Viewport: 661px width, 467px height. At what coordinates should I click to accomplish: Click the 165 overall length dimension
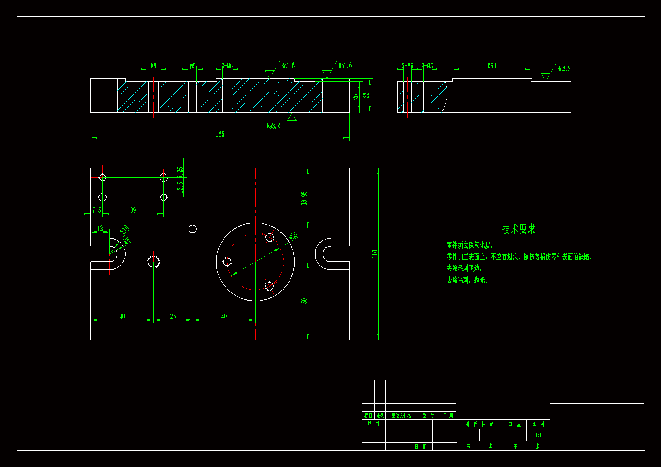point(220,134)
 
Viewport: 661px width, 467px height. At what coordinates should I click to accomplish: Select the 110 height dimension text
point(375,254)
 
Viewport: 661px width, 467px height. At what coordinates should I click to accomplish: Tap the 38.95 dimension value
point(304,198)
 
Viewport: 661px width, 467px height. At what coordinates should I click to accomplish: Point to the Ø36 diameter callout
point(293,236)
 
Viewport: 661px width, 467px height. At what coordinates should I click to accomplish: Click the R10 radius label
point(124,230)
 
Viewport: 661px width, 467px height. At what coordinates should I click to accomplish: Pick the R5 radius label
point(127,241)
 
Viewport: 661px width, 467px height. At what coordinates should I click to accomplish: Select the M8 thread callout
point(154,66)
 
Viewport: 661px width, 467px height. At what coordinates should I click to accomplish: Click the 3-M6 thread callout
point(227,66)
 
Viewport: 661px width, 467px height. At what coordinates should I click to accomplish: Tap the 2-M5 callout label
point(407,66)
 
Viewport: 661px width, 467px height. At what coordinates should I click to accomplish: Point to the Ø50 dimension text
point(492,66)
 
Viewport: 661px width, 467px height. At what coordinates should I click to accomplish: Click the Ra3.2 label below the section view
point(273,126)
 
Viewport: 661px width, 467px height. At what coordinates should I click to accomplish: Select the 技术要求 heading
point(519,229)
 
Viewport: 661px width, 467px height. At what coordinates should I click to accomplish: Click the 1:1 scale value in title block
point(538,435)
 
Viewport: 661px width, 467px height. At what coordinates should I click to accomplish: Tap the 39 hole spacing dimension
point(133,210)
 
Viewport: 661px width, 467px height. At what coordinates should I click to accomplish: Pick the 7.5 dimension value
point(97,210)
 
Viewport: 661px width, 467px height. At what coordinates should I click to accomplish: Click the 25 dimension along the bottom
point(173,316)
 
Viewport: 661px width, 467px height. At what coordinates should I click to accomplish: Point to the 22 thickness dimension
point(366,95)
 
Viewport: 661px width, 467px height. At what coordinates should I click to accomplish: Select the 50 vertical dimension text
point(304,301)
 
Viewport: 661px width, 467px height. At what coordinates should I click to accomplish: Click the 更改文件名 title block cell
point(401,416)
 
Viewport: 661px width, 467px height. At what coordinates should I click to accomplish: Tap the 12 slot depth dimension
point(100,229)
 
